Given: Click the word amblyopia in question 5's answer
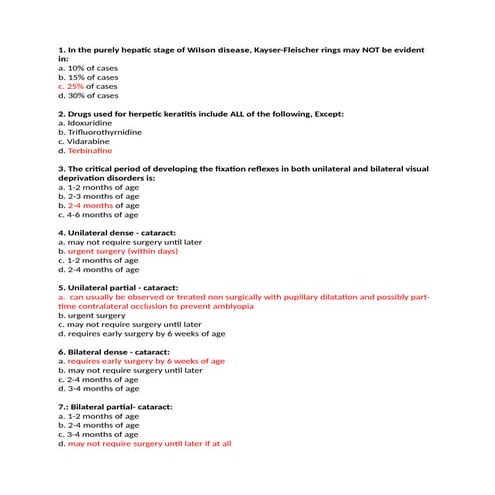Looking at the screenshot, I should pyautogui.click(x=228, y=306).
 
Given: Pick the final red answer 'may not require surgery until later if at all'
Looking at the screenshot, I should pyautogui.click(x=149, y=444).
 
